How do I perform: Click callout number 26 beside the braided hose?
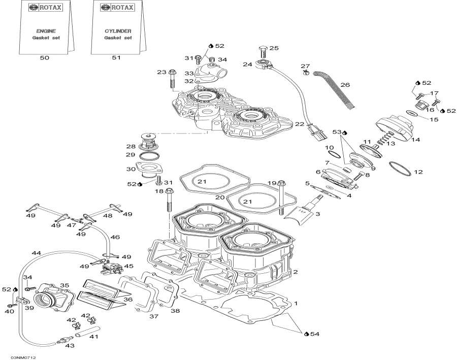click(345, 85)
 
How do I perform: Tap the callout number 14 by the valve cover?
click(416, 140)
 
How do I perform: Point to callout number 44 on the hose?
click(36, 253)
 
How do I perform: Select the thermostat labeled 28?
click(147, 138)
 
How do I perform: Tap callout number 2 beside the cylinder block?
click(295, 272)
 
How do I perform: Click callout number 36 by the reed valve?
click(128, 300)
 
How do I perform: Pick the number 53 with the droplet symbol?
click(339, 132)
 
